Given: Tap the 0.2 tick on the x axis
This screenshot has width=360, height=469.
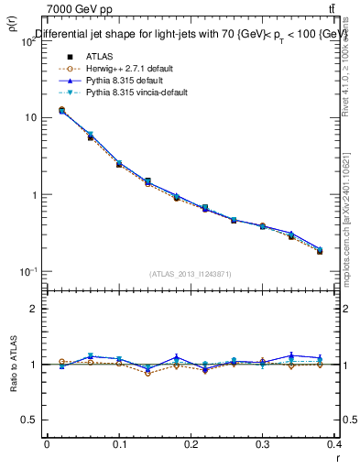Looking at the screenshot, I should [x=191, y=444].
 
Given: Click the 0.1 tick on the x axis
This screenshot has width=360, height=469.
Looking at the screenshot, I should [x=119, y=444].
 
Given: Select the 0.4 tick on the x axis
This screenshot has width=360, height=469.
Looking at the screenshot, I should [x=336, y=444].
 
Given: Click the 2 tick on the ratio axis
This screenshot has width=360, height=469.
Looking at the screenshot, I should [x=32, y=310].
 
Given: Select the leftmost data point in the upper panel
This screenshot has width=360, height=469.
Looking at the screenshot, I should [x=61, y=110].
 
